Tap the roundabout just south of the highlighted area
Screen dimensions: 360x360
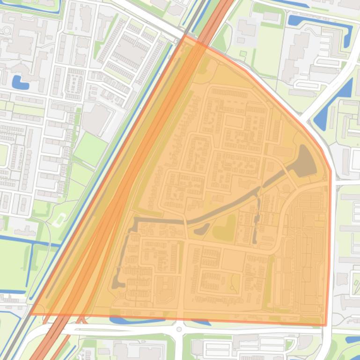point(179,329)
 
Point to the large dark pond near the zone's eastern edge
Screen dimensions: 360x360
point(305,161)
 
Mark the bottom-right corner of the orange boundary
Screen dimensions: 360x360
point(326,325)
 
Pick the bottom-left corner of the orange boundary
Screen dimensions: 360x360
point(31,314)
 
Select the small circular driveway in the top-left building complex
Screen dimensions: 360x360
point(7,31)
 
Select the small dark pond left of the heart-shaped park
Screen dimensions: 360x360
point(202,229)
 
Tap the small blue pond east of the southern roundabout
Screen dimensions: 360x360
point(201,322)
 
